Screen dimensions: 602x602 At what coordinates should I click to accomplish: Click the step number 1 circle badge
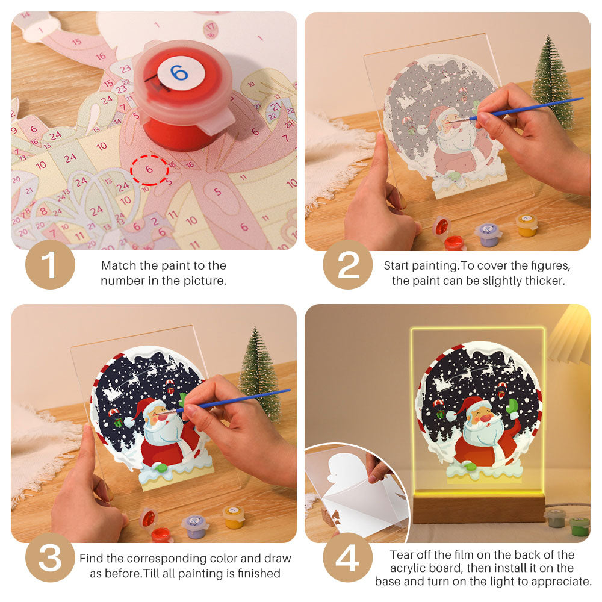(x=50, y=265)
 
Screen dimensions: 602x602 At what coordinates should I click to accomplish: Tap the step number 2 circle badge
(x=348, y=265)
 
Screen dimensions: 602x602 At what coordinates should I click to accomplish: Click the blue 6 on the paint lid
(x=179, y=73)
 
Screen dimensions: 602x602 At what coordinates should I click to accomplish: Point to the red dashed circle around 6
(x=149, y=170)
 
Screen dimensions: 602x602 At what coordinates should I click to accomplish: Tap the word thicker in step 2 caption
(x=545, y=281)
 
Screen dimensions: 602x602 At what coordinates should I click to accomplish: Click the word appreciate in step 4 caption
(x=563, y=582)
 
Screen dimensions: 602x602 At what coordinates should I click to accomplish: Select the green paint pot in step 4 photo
(x=579, y=525)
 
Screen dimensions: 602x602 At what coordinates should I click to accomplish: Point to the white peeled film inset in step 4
(x=355, y=494)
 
